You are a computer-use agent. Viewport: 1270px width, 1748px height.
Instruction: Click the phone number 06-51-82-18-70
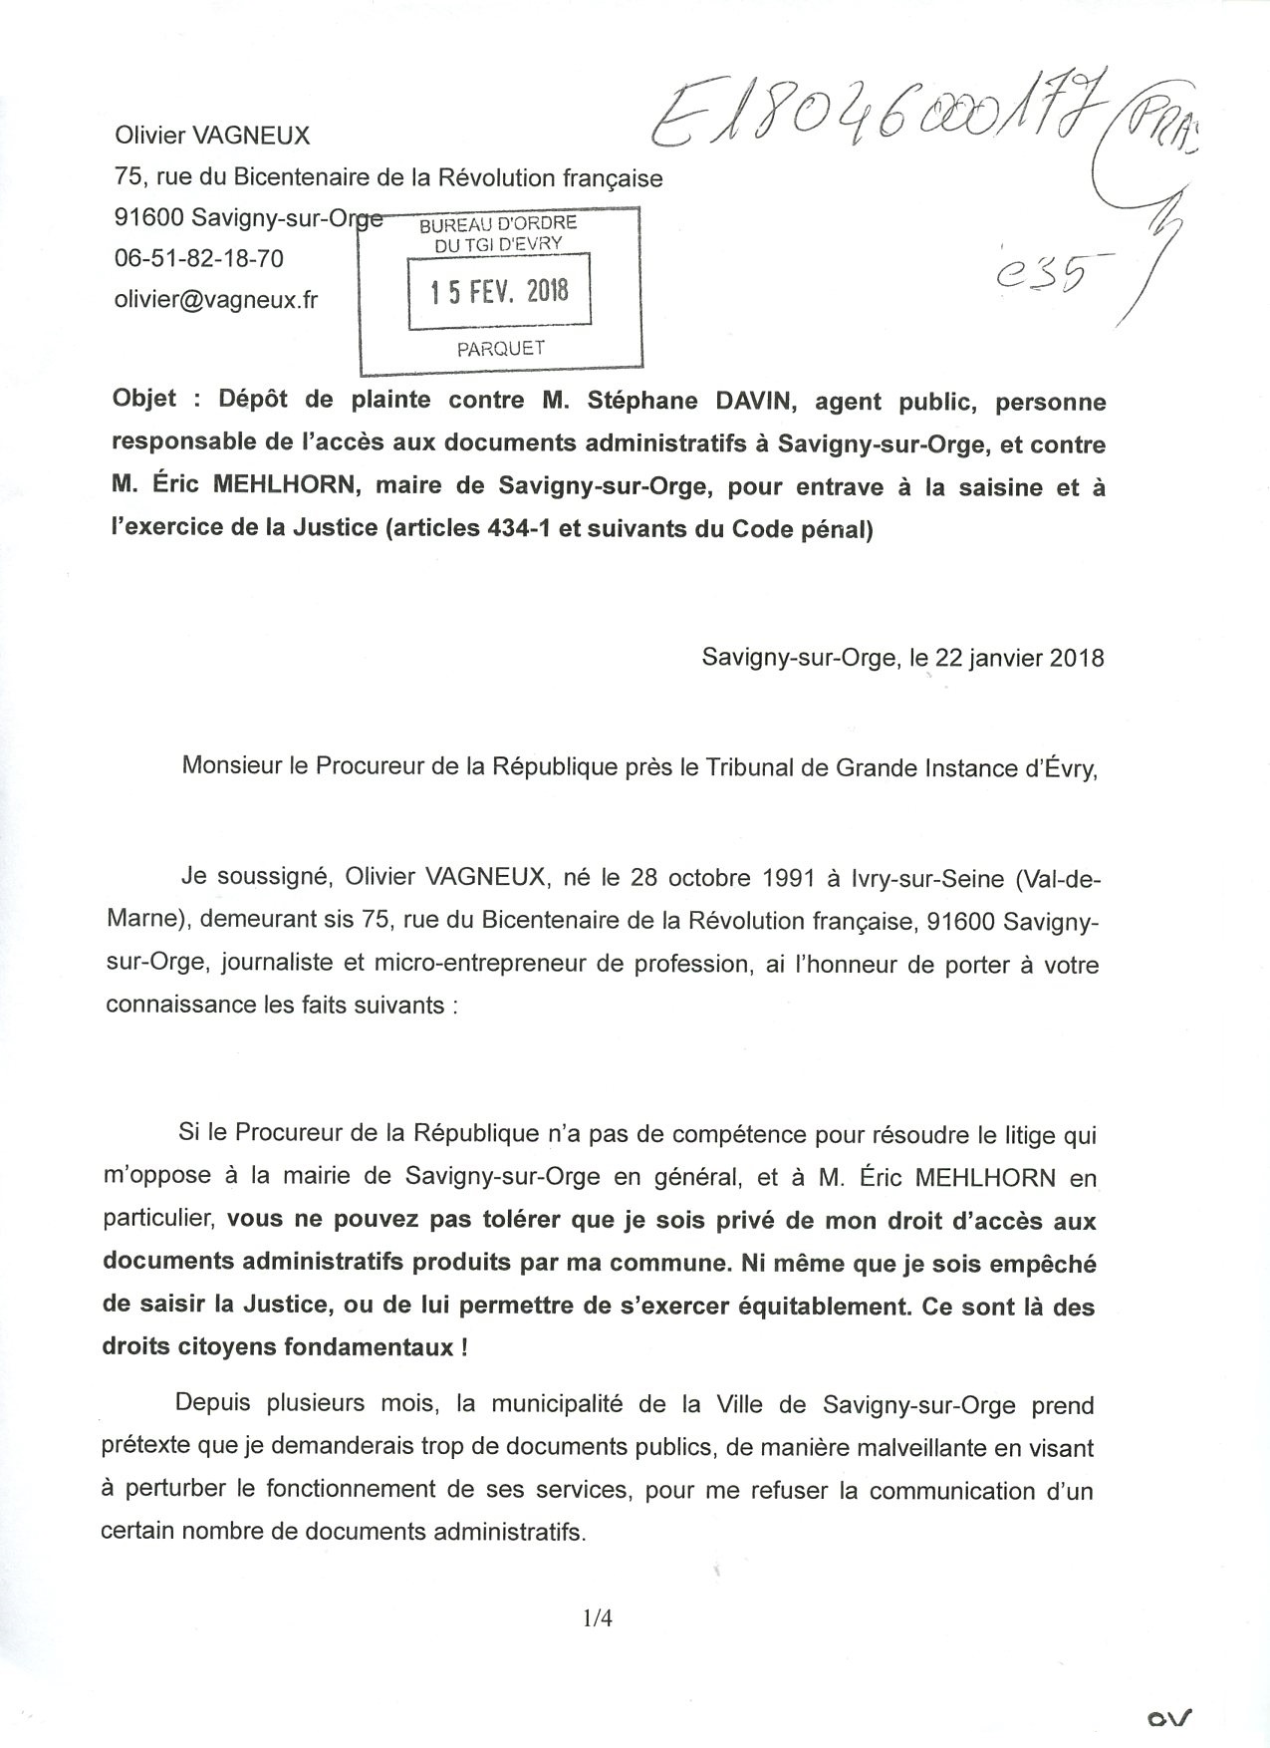coord(199,258)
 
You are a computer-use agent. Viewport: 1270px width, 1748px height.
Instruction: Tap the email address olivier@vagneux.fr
coord(216,299)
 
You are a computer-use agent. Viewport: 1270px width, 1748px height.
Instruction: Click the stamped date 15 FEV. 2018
coord(499,291)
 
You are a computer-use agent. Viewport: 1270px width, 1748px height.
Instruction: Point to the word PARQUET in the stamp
coord(500,348)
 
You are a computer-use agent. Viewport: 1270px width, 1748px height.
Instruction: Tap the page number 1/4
coord(598,1618)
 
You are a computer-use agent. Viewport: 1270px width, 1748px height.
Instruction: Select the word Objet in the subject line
coord(144,400)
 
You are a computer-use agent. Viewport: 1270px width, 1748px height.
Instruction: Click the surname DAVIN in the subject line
coord(751,402)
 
